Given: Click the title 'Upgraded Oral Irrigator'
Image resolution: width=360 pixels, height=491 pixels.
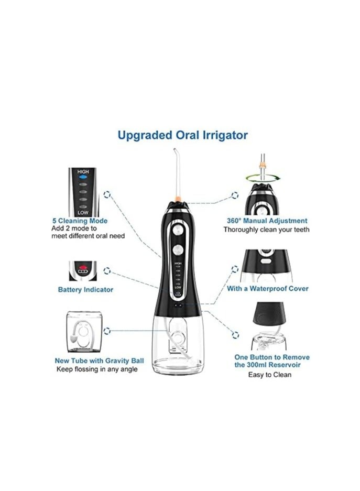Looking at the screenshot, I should [182, 135].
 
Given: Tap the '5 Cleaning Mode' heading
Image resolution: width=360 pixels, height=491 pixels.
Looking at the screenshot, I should [80, 221].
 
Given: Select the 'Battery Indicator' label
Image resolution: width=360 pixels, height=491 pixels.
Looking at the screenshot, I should [85, 289].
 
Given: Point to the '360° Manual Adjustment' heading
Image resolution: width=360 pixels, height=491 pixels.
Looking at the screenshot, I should [266, 221].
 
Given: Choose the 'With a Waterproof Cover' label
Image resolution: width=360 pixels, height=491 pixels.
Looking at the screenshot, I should [267, 289].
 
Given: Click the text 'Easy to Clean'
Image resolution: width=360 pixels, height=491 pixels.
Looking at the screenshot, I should [271, 374].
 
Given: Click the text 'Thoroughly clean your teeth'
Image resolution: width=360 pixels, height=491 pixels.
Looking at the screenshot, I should [266, 230].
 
